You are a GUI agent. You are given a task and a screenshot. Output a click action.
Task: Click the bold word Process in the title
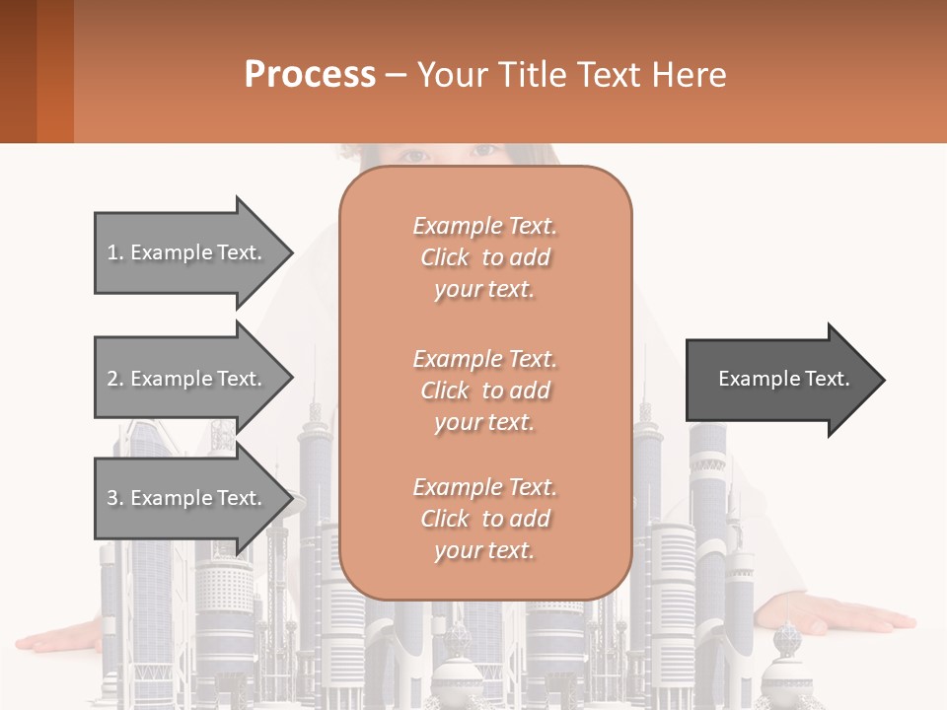pos(310,75)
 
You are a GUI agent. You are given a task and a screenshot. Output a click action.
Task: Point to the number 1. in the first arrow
pos(115,252)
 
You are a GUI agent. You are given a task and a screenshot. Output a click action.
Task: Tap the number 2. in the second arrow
pos(115,379)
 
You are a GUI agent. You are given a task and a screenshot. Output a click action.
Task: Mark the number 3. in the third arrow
pos(115,498)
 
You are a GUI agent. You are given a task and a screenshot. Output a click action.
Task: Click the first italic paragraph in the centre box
pos(485,257)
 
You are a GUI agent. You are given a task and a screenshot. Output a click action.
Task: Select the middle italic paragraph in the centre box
pos(485,390)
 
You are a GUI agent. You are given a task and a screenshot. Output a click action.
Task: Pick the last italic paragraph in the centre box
pos(485,519)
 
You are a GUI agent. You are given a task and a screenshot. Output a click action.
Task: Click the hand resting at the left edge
pos(59,639)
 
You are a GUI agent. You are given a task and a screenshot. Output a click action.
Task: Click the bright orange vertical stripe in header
pos(55,71)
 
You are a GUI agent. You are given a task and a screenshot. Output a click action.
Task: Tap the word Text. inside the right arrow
pos(824,379)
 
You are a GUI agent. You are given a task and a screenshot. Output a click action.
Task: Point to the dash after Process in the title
pos(397,75)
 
